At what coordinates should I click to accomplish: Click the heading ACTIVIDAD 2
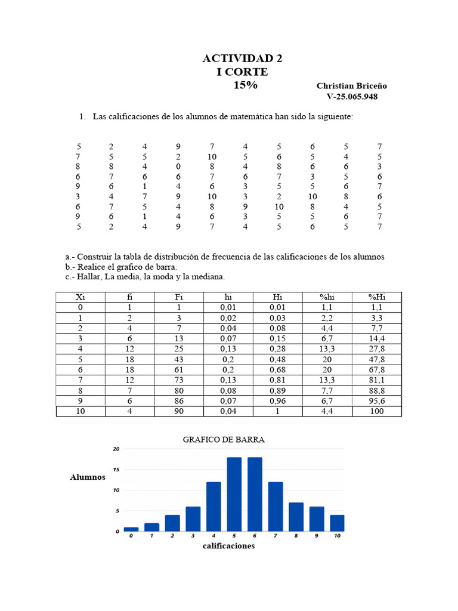click(242, 58)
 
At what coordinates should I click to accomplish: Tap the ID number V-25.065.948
click(352, 97)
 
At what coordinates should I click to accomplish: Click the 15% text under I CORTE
click(245, 85)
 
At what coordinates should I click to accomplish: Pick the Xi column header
click(81, 297)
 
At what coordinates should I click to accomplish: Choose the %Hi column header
click(377, 297)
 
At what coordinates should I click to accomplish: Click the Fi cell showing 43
click(179, 360)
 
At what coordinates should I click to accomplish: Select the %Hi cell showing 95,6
click(377, 401)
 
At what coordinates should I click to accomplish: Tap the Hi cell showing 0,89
click(278, 391)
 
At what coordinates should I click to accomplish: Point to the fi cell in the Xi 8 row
click(130, 391)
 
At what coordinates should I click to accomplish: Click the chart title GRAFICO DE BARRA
click(224, 439)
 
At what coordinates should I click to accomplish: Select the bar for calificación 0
click(131, 529)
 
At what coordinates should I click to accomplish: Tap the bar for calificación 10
click(337, 523)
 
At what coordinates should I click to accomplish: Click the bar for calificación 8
click(296, 517)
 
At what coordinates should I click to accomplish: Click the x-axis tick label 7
click(276, 536)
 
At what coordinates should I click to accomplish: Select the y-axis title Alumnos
click(88, 477)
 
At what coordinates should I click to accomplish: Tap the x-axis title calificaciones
click(228, 546)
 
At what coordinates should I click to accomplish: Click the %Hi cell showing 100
click(377, 411)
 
